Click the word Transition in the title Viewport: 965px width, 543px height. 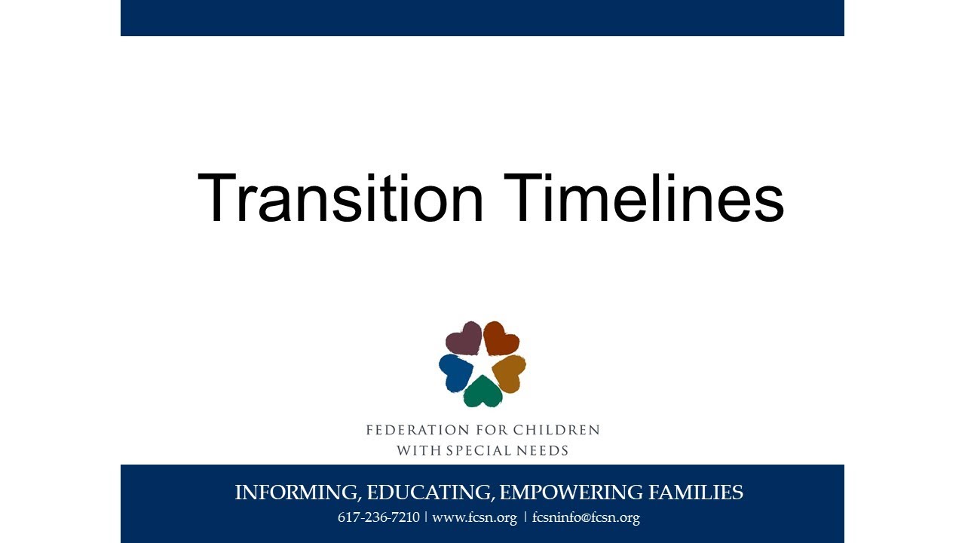340,198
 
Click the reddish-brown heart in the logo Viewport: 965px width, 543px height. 501,338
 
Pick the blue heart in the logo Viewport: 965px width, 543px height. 455,372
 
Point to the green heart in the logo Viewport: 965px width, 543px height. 482,391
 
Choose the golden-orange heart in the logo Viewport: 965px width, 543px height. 510,373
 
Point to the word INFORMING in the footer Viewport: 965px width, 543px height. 297,493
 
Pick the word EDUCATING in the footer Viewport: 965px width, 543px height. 430,493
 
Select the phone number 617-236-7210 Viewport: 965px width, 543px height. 378,518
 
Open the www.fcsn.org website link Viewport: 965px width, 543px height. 474,518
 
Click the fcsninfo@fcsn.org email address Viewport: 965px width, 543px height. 586,518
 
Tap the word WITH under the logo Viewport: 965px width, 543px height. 415,451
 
